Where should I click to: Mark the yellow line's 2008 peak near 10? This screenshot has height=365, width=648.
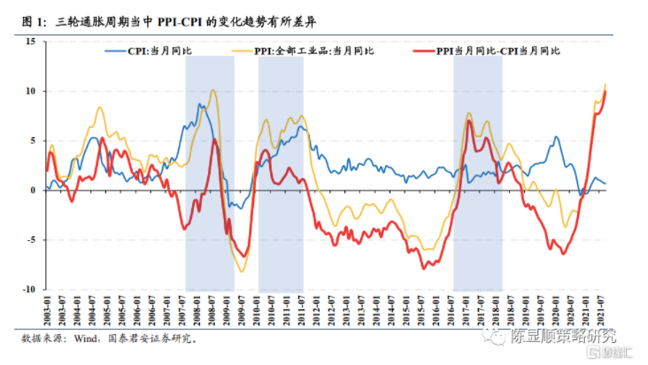click(212, 90)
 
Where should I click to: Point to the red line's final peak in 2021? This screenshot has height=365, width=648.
click(605, 91)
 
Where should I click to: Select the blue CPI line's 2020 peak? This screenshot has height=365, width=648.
click(555, 137)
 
